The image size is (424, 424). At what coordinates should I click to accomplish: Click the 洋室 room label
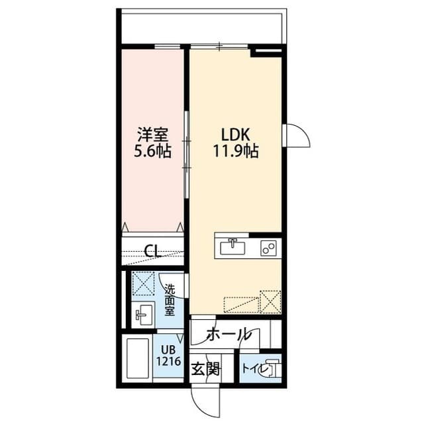(152, 132)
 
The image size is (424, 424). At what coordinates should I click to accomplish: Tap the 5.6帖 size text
(152, 151)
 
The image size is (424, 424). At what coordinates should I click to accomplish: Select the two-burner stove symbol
(268, 246)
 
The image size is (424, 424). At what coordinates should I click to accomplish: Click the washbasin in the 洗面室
(142, 313)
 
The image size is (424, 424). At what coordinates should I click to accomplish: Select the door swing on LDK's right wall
(298, 136)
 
